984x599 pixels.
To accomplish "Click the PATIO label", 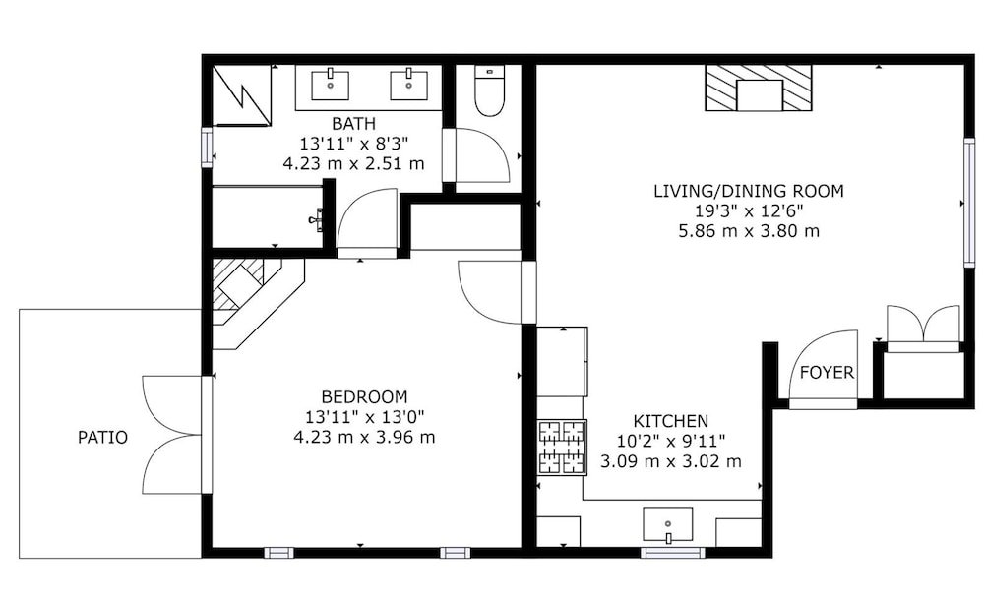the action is (x=102, y=437).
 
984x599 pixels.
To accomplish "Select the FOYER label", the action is (x=828, y=373).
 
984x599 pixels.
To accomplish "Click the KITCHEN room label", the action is (x=670, y=421).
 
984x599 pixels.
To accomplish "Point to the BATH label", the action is (x=354, y=124).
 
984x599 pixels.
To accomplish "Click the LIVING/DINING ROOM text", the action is (x=749, y=191).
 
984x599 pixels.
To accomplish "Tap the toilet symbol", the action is (x=489, y=91).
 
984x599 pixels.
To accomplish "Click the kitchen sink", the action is (x=668, y=524).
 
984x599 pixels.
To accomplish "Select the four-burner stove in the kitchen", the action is (x=562, y=448).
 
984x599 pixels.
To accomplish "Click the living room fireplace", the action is (x=759, y=88).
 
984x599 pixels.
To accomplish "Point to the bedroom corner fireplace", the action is (x=251, y=295).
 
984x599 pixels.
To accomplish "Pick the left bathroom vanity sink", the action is (x=330, y=86).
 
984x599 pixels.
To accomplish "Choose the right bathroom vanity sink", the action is (x=408, y=86).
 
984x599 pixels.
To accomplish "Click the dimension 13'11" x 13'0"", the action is (x=365, y=417).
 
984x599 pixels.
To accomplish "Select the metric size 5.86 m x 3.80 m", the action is (x=749, y=231).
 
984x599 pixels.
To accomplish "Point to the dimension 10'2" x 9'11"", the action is (x=670, y=441).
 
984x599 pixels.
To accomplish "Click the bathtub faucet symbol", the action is (x=317, y=219).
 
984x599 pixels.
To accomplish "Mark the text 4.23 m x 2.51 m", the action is (x=354, y=163).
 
